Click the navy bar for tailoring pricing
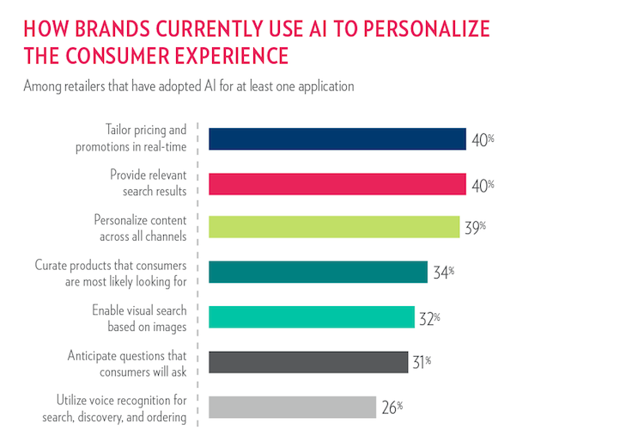tap(337, 139)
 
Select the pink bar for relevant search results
tap(337, 183)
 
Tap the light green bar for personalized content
tap(334, 228)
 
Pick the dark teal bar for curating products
tap(319, 273)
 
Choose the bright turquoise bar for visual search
tap(312, 317)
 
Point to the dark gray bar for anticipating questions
tap(308, 362)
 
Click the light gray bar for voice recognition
tap(293, 407)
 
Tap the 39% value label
tap(475, 228)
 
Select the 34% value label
tap(443, 273)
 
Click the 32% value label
tap(429, 317)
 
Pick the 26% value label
tap(392, 407)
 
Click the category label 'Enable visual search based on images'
tap(139, 317)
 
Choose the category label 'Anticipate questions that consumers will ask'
tap(127, 362)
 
